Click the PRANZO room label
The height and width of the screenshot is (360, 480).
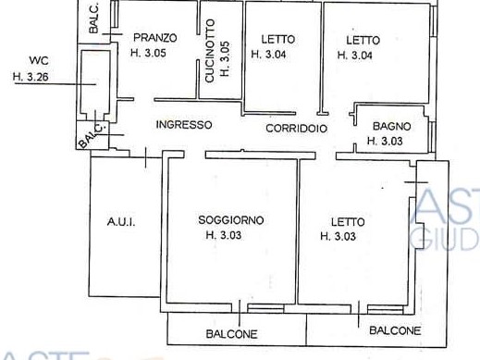155,38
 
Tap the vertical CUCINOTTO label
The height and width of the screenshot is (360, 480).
210,51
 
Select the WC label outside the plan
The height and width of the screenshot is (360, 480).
39,60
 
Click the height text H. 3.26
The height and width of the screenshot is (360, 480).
31,77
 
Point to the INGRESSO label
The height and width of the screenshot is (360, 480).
184,125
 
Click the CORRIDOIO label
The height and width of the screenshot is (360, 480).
297,129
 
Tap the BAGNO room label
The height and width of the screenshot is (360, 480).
392,126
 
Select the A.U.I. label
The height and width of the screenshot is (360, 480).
121,222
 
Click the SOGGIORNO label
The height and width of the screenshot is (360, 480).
231,220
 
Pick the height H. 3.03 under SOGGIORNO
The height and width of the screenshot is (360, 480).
224,235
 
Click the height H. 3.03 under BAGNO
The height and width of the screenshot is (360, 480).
385,141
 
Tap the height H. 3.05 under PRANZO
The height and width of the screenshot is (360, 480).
148,53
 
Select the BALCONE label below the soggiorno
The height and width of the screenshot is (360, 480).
231,334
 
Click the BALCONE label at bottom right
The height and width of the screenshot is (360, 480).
395,330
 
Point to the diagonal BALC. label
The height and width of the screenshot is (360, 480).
92,134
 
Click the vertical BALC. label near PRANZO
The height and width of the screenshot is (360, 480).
93,19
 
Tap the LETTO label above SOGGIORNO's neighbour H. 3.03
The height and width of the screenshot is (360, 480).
348,222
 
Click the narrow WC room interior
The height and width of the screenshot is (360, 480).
95,81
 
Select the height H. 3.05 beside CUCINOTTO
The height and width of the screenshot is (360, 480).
225,59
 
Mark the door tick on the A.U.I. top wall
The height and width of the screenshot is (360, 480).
145,157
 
